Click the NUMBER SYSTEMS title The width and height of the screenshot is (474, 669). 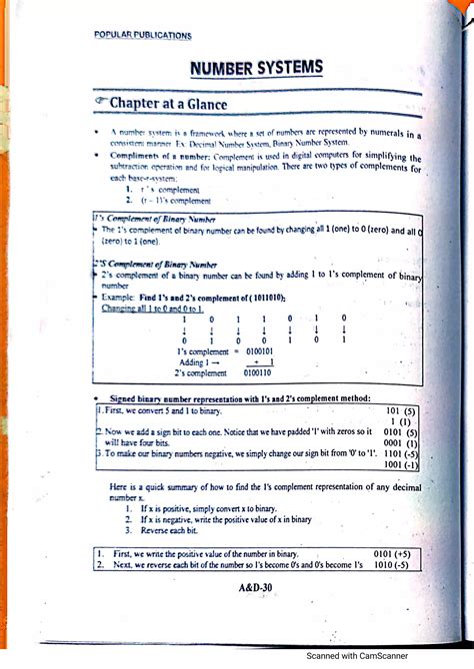[257, 69]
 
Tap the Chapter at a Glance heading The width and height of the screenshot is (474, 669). [168, 104]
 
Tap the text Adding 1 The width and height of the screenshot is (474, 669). [197, 362]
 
